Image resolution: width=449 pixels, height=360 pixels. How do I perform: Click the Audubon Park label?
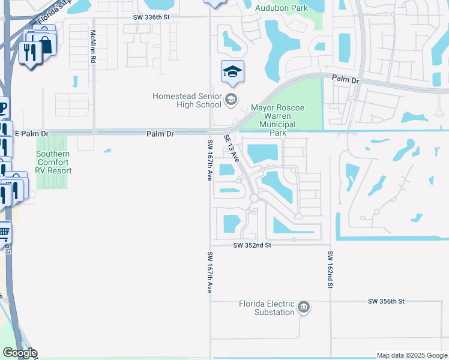tap(281, 8)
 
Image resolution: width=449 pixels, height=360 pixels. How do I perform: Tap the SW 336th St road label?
tap(152, 17)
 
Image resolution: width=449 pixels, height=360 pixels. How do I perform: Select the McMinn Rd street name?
tap(93, 44)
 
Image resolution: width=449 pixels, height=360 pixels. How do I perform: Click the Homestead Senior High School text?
tap(187, 100)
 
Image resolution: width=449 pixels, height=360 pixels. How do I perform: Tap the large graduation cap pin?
tap(232, 73)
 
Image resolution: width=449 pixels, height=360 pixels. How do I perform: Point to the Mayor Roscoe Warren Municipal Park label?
tap(277, 120)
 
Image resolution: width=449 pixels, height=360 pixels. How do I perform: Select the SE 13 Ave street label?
tap(232, 148)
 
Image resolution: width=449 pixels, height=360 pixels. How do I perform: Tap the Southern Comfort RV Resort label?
tap(53, 162)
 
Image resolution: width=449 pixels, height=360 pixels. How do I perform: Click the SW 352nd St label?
tap(253, 245)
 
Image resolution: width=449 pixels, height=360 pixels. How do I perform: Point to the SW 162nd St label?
tap(330, 271)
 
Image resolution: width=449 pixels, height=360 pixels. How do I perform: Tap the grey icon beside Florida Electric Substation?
tap(304, 308)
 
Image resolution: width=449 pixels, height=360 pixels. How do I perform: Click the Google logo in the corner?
tap(20, 353)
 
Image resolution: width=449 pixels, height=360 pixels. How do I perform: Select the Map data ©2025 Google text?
tap(412, 355)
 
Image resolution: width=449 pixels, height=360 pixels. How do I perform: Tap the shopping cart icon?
tap(4, 232)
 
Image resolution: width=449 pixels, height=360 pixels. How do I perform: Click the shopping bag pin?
tap(45, 43)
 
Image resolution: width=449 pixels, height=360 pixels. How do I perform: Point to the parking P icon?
tap(4, 109)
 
